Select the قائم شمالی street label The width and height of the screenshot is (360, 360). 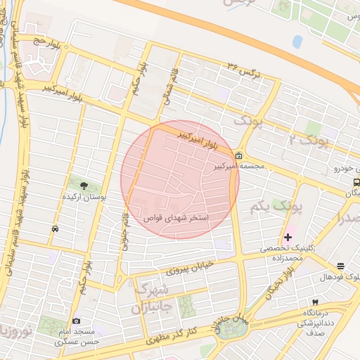169,88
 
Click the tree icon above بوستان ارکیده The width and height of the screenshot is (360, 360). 84,186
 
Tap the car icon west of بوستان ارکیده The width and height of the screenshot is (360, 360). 54,229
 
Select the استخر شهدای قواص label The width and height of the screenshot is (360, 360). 175,218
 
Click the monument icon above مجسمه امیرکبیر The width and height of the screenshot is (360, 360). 239,155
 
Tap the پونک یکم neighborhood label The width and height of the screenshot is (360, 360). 275,207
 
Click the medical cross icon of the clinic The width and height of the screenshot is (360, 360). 288,237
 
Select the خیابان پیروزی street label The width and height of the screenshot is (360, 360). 189,267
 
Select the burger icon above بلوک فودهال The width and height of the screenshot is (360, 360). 341,266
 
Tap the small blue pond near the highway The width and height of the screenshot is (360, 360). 297,41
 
